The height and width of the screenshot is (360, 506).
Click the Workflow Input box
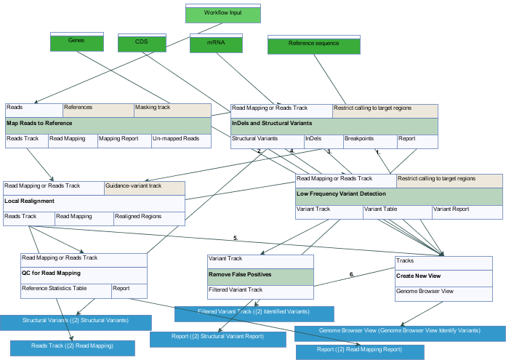(x=222, y=14)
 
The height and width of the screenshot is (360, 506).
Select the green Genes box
(x=76, y=43)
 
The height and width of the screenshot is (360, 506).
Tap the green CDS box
(x=142, y=44)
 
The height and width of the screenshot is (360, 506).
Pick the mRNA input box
(x=215, y=44)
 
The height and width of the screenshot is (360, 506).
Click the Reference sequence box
(x=314, y=45)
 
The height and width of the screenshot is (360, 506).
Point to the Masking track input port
(x=172, y=109)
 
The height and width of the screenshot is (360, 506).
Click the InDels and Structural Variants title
(x=334, y=124)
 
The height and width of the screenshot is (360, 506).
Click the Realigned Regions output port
(x=149, y=217)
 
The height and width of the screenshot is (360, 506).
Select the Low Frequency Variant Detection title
(x=398, y=195)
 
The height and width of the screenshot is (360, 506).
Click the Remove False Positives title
(x=260, y=276)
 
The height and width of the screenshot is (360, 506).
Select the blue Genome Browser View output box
(x=399, y=332)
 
